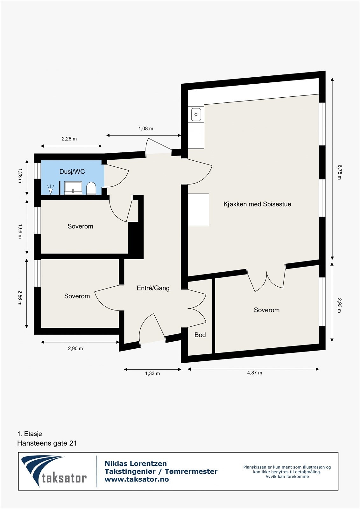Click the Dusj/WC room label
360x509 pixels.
point(72,172)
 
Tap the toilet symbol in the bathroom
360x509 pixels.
point(91,188)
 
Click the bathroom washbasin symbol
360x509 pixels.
point(73,188)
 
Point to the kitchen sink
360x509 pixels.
point(196,115)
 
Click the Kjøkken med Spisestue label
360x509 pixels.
point(257,204)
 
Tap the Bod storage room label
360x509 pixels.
point(200,335)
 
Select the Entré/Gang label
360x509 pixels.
point(153,288)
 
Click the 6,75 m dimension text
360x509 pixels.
point(339,172)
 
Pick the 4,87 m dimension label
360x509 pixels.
point(254,373)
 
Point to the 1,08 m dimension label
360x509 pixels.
point(145,129)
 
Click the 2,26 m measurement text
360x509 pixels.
point(69,139)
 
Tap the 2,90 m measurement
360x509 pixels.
point(75,348)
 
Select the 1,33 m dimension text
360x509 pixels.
point(152,373)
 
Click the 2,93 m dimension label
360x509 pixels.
point(339,305)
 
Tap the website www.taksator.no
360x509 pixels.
point(137,479)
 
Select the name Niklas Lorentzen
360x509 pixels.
point(136,464)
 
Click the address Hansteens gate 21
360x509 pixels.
point(47,443)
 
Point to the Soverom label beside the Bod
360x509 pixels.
point(266,310)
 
